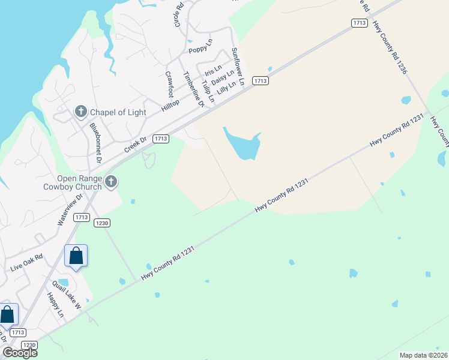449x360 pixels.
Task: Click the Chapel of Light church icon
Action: coord(81,112)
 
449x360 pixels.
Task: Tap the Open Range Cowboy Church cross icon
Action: coord(110,181)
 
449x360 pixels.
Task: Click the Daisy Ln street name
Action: coord(223,77)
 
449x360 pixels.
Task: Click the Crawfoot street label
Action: coord(170,85)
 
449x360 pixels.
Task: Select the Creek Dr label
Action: coord(135,145)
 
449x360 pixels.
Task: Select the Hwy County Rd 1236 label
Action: coord(390,48)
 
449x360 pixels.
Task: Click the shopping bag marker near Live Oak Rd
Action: coord(76,256)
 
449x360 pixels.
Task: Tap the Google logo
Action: coord(19,352)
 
